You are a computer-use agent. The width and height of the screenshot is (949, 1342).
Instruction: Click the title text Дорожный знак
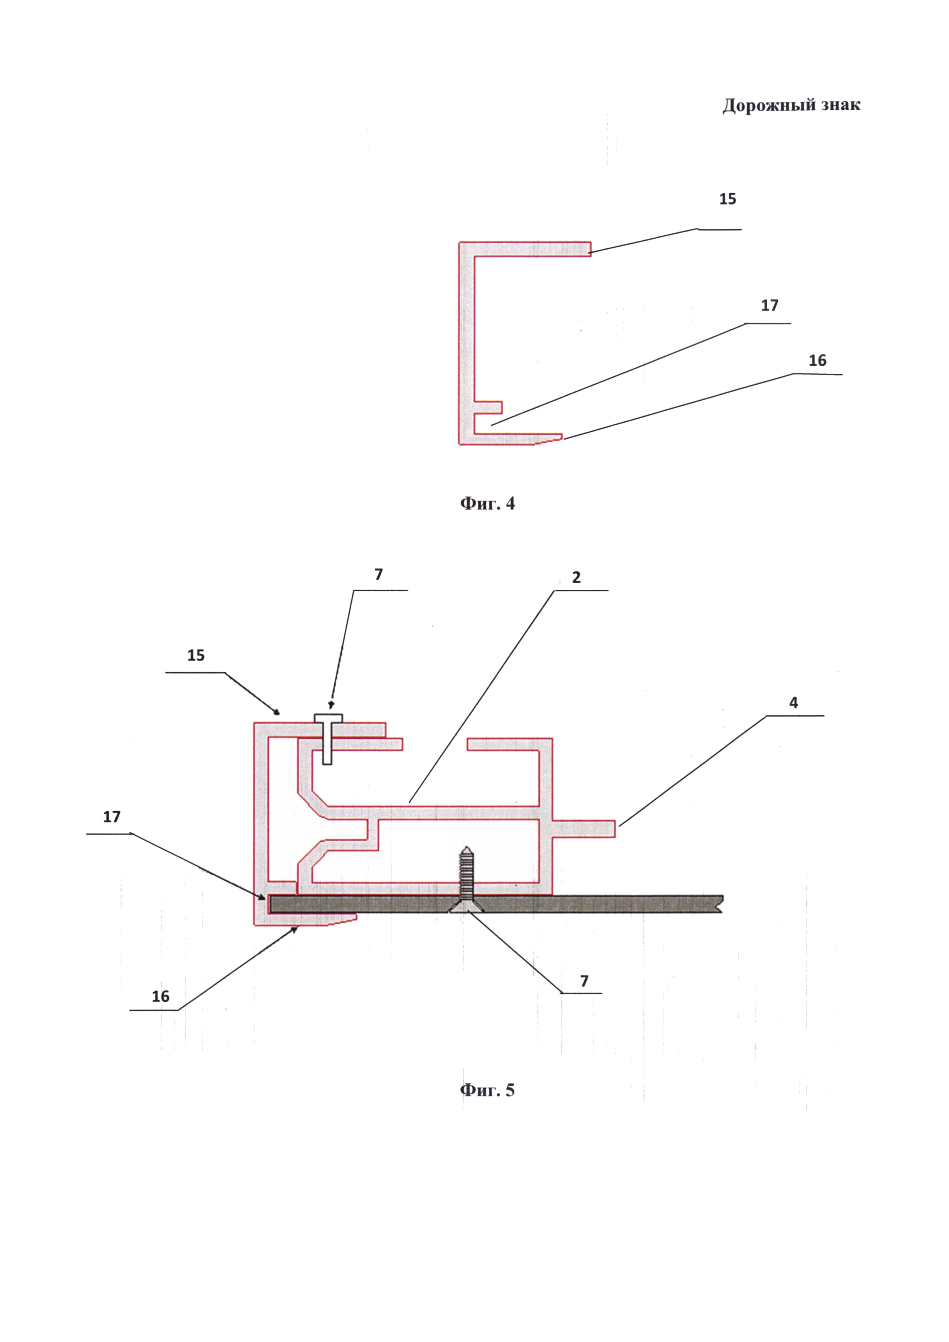[791, 105]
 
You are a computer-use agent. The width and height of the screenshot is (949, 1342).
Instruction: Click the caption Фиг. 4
[488, 503]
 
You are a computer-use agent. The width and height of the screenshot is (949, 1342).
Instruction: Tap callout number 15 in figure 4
[727, 199]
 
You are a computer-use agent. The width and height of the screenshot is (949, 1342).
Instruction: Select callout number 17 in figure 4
[770, 306]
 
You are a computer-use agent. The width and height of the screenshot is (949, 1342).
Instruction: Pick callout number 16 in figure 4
[817, 360]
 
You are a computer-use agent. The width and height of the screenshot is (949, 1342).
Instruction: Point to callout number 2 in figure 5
[576, 577]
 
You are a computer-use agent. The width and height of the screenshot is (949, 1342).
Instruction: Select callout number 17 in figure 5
[112, 817]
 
